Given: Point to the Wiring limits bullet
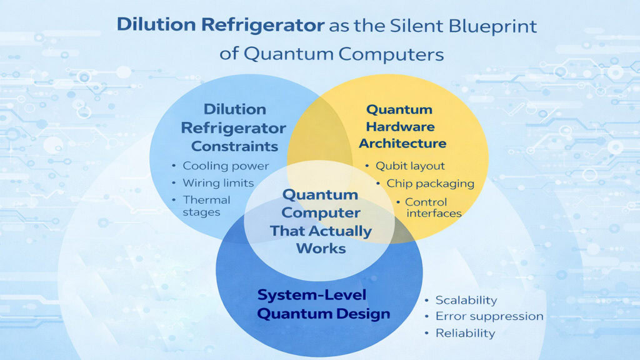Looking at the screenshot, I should (x=218, y=183).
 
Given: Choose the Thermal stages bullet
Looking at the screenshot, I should (x=206, y=206).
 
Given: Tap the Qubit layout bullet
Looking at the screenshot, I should (x=410, y=166).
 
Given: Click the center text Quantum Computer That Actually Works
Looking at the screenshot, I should (x=320, y=221).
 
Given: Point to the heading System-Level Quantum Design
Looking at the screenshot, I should (x=324, y=304).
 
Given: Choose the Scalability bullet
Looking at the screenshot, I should (x=466, y=300).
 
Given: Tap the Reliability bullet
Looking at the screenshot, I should (x=465, y=333).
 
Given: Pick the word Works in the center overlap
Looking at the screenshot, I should (x=321, y=247).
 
